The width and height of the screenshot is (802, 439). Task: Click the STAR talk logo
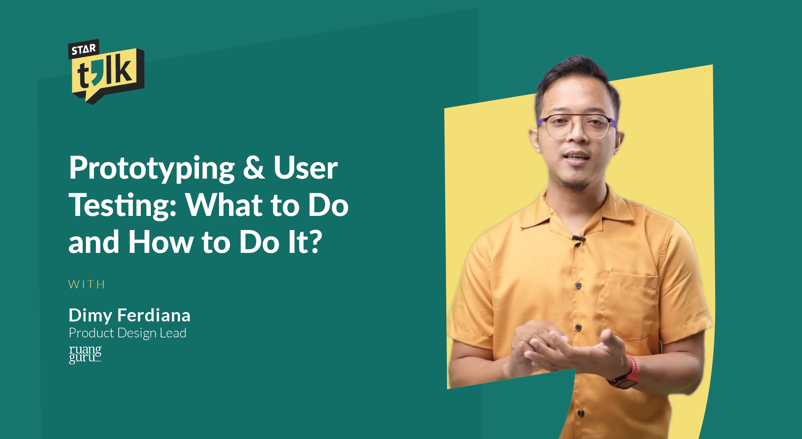click(106, 72)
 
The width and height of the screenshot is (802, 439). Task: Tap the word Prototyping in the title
click(152, 168)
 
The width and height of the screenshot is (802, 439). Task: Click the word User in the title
click(305, 168)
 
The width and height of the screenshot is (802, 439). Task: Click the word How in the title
click(161, 242)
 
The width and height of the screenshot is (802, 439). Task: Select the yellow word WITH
click(87, 284)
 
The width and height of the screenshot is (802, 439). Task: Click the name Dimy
click(90, 315)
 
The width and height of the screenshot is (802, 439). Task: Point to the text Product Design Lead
click(128, 333)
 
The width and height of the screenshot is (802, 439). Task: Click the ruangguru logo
click(85, 354)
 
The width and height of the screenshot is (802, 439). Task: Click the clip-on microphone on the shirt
click(578, 239)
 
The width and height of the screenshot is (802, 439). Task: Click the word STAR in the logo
click(84, 50)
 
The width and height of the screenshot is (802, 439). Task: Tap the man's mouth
click(577, 157)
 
